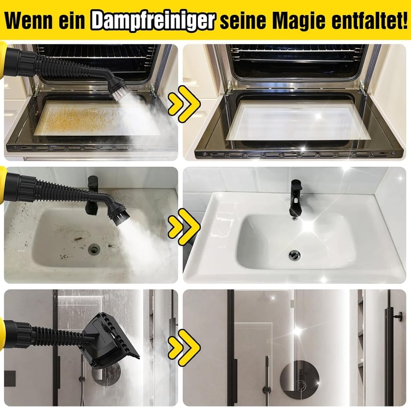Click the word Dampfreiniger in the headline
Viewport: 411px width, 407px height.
point(153,20)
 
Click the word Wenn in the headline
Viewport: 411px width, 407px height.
point(29,20)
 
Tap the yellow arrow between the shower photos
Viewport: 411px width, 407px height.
point(184,348)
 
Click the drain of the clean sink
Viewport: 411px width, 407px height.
point(294,255)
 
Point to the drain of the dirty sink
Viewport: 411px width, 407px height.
point(94,249)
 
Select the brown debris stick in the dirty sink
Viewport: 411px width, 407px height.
point(78,239)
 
